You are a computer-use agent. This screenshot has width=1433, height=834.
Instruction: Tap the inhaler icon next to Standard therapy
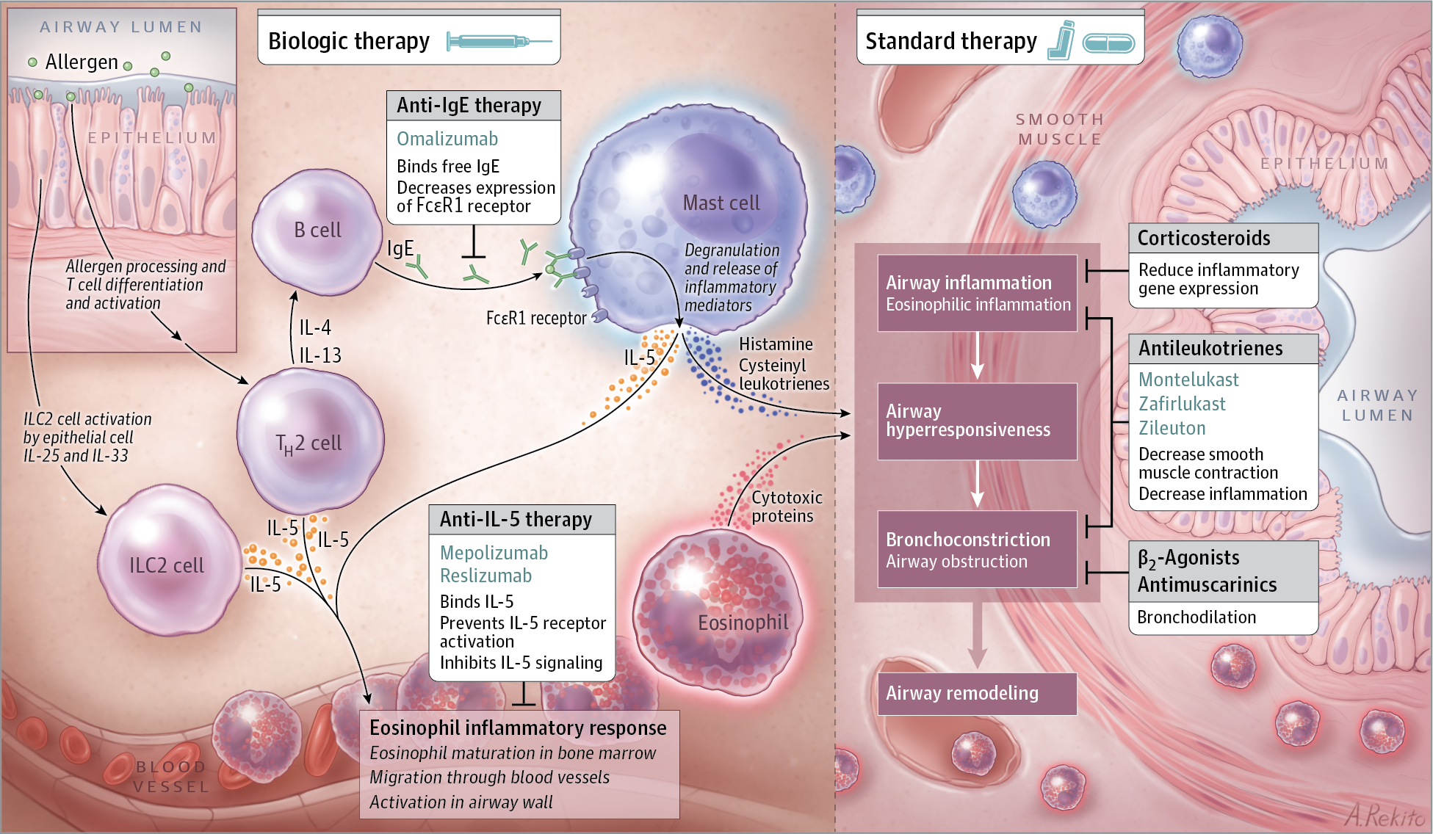click(1061, 40)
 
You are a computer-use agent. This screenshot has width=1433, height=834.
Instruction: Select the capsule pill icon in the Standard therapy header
click(1109, 43)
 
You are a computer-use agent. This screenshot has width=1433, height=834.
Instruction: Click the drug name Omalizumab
click(447, 139)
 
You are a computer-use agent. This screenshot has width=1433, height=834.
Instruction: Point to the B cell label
click(317, 231)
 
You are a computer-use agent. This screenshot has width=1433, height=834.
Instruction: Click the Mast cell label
click(721, 203)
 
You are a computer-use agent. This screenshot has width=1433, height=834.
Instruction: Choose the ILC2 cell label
click(167, 565)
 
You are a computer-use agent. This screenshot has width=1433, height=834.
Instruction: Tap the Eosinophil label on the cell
click(743, 623)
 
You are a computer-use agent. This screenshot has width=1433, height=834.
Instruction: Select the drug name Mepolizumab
click(494, 553)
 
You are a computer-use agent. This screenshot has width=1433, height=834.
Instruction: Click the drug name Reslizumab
click(486, 576)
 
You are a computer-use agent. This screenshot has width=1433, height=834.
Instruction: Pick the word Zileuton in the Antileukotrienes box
click(1172, 428)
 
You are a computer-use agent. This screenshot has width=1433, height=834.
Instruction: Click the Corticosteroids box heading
click(1204, 239)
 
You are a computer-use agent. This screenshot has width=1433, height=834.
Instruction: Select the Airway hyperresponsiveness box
click(976, 421)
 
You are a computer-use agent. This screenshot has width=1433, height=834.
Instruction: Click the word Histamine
click(776, 344)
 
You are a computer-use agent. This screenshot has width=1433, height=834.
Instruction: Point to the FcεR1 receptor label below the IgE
click(535, 318)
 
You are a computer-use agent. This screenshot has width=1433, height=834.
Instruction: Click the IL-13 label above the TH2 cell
click(320, 355)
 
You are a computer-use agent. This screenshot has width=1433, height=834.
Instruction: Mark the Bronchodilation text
click(1196, 617)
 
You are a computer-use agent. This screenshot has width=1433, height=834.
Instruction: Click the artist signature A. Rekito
click(1385, 816)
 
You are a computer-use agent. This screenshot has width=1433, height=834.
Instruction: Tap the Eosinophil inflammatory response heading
click(518, 728)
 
